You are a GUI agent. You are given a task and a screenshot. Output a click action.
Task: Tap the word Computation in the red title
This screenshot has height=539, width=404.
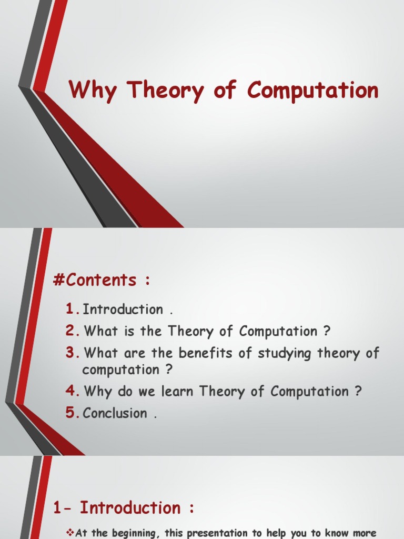click(x=313, y=91)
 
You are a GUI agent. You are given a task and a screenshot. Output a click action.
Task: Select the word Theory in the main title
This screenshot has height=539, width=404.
click(x=166, y=91)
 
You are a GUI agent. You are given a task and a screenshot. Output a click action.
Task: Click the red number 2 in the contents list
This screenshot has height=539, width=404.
click(x=72, y=331)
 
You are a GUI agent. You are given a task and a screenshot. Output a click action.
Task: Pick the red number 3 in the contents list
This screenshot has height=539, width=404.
click(x=72, y=353)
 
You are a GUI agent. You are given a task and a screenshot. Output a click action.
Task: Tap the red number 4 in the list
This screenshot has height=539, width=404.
click(x=72, y=392)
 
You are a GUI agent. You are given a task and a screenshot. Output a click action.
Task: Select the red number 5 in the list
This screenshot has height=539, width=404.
click(x=72, y=413)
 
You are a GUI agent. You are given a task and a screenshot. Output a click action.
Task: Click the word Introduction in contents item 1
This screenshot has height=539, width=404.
click(x=123, y=310)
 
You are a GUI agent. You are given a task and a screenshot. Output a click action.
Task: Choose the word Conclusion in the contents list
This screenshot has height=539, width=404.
click(x=115, y=413)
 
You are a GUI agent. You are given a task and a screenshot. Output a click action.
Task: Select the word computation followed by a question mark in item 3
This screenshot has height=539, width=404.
click(x=120, y=370)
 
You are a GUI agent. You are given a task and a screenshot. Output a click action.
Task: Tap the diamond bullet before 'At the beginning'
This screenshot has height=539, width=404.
click(x=71, y=533)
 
